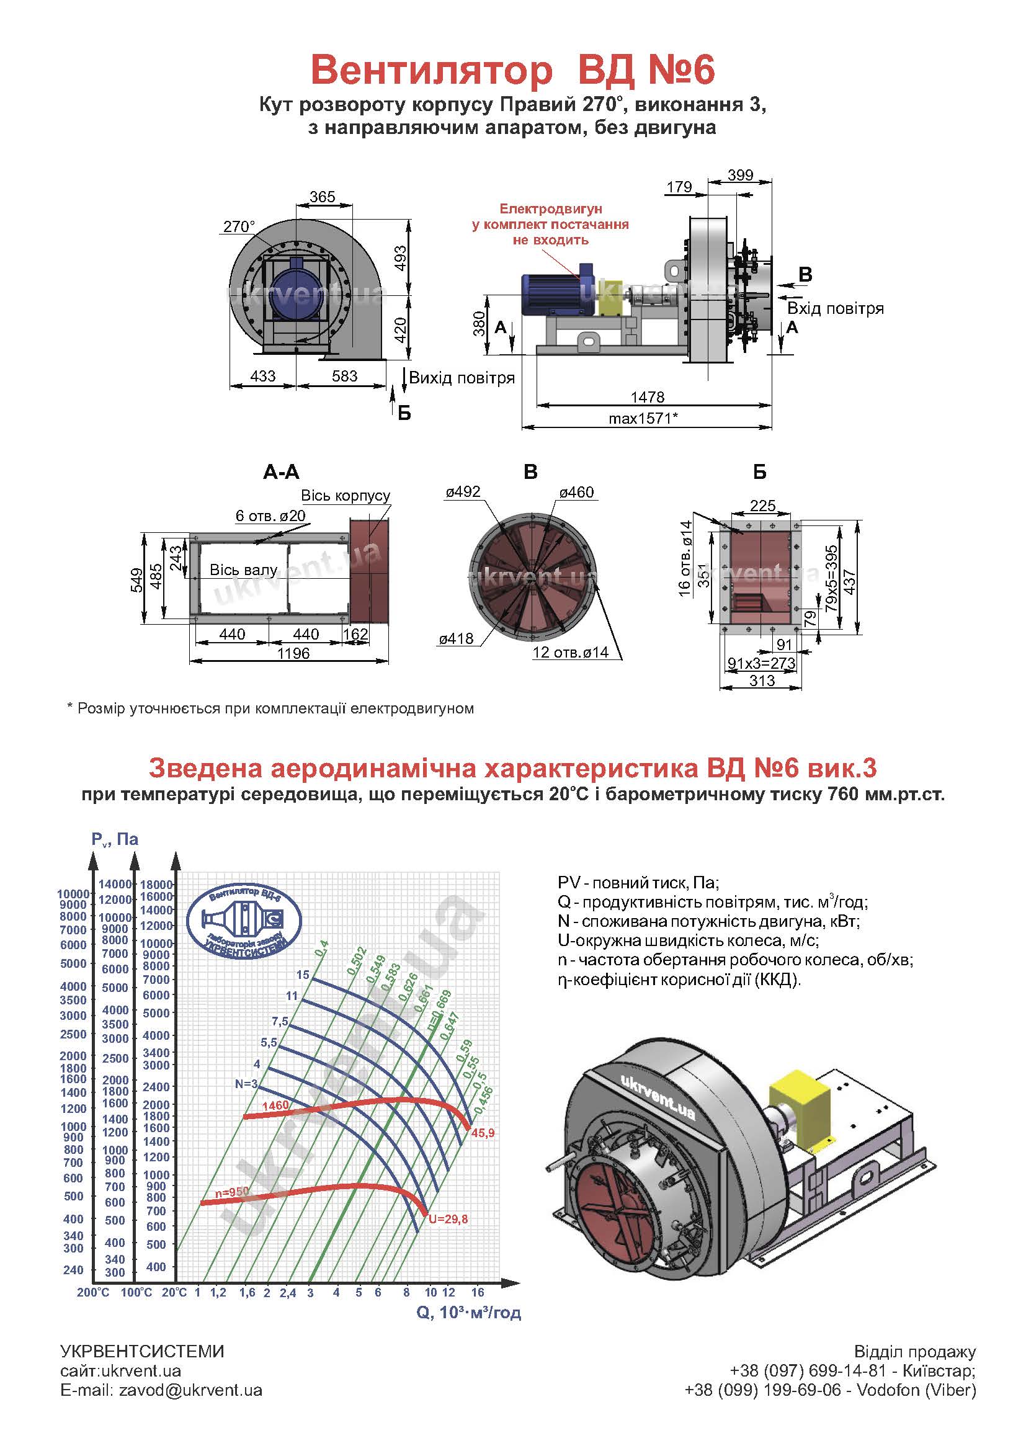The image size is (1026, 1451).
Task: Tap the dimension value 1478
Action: click(648, 397)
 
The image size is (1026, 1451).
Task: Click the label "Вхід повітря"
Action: click(835, 308)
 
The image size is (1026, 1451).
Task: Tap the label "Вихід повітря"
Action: click(462, 378)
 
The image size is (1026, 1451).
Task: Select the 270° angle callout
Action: click(239, 226)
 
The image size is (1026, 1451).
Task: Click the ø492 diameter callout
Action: click(463, 492)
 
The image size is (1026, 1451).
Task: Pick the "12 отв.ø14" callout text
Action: click(571, 652)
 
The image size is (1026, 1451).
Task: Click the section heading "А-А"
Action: click(281, 471)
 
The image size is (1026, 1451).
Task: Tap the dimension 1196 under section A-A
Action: click(293, 653)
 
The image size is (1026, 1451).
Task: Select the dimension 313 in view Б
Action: click(762, 681)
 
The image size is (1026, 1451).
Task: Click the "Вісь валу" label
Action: click(243, 570)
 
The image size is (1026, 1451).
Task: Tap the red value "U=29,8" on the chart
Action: click(448, 1219)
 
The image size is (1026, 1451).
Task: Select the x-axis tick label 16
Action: click(478, 1292)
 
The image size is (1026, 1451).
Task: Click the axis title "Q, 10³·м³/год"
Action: click(469, 1313)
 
